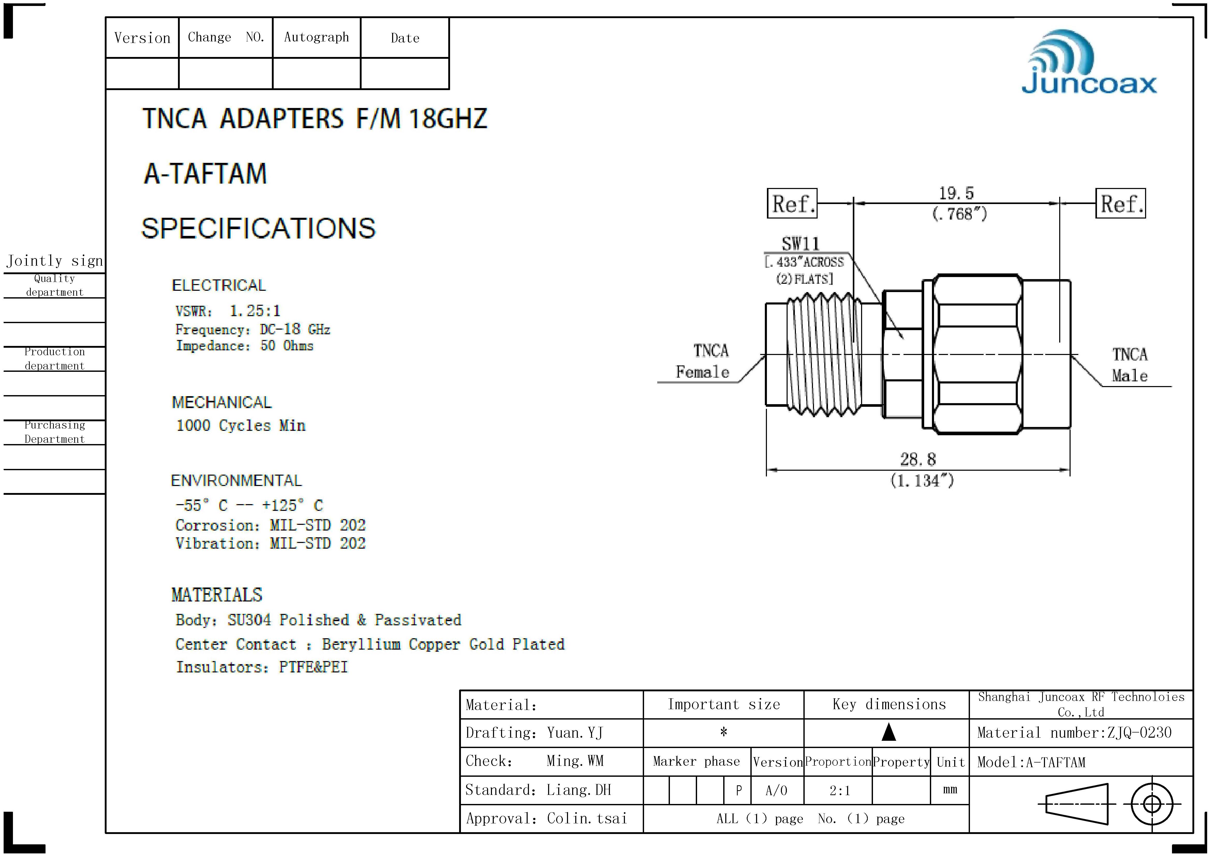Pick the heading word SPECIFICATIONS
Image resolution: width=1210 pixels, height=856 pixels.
point(258,228)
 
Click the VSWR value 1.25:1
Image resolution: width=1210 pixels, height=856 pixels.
point(255,311)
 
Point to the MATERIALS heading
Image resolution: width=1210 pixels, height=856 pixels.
point(216,595)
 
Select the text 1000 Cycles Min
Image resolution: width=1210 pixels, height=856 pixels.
point(240,426)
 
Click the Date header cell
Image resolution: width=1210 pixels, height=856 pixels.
point(405,38)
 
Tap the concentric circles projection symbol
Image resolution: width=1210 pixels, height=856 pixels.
point(1152,804)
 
